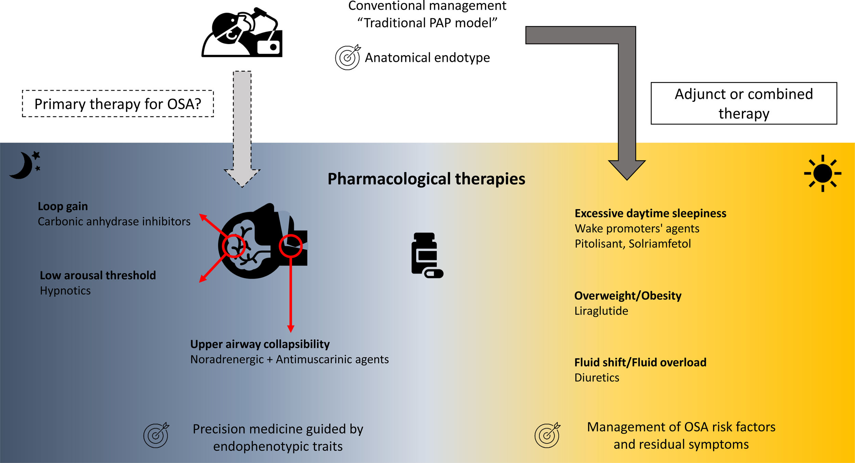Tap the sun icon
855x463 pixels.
[823, 173]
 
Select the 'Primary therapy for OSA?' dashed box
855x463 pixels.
[118, 104]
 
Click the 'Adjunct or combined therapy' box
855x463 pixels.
[744, 103]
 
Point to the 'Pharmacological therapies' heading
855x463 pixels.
[426, 179]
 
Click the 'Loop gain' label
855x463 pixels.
[63, 206]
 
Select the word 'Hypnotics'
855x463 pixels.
[65, 291]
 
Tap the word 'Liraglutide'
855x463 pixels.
[601, 311]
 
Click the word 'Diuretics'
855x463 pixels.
[597, 378]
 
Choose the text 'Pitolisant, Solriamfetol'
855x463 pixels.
[633, 244]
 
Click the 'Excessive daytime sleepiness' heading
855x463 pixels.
[650, 213]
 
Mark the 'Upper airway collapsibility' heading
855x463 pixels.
[260, 344]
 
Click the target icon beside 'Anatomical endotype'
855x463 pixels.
[348, 57]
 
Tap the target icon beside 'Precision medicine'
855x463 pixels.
[156, 435]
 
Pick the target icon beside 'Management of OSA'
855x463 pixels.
[548, 435]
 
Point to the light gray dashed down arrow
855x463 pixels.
[242, 129]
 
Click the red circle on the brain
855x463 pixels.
[234, 246]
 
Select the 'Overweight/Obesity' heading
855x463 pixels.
[628, 296]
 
